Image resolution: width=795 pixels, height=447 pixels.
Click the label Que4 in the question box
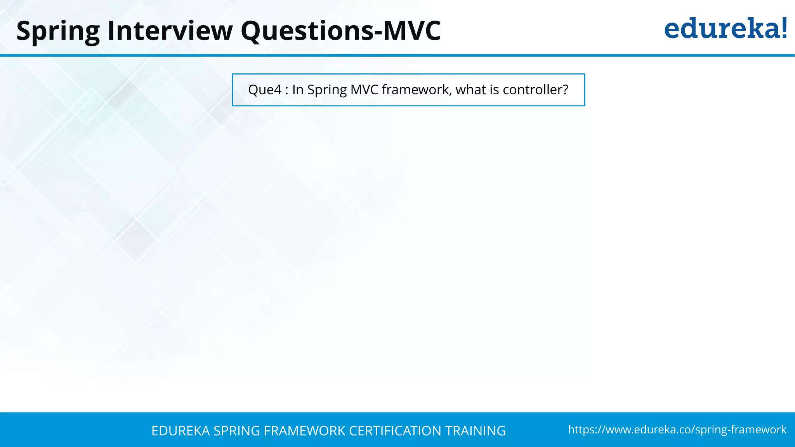[x=264, y=90]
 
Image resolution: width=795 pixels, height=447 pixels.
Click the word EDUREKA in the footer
[x=181, y=431]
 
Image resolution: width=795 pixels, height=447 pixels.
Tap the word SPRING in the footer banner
[x=237, y=431]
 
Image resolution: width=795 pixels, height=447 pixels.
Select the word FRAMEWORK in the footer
[x=304, y=431]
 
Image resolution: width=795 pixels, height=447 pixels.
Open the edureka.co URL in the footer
[x=677, y=430]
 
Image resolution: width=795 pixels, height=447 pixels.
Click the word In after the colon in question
[x=298, y=90]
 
